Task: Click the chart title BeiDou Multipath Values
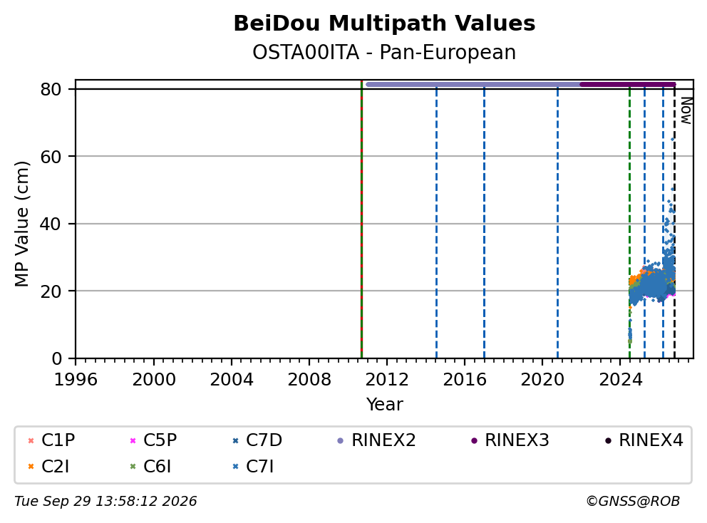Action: click(384, 24)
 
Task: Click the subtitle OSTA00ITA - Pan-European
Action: click(384, 52)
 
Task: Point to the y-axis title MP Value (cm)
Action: click(21, 224)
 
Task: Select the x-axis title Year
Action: click(384, 405)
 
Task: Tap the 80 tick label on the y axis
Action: click(51, 89)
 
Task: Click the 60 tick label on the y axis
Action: click(51, 157)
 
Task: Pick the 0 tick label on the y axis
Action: click(56, 359)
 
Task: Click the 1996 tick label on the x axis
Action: click(76, 380)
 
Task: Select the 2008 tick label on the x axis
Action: click(309, 380)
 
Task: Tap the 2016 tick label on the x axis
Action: click(465, 380)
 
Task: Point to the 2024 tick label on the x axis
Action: click(621, 380)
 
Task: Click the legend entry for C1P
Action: click(51, 440)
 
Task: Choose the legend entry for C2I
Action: click(48, 467)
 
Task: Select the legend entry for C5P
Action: click(153, 440)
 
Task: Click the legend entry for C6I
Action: click(150, 467)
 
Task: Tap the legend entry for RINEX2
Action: click(376, 440)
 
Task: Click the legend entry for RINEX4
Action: click(644, 440)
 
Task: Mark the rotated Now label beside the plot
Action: click(686, 111)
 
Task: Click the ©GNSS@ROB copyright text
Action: click(633, 502)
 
